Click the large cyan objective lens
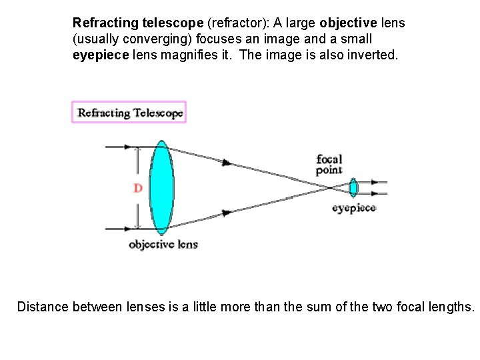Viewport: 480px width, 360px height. (161, 187)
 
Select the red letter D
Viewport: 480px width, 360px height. (138, 189)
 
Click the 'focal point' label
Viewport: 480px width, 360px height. (329, 165)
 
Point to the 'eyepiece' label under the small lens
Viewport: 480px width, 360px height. (354, 208)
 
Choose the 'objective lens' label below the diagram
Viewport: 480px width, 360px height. (163, 245)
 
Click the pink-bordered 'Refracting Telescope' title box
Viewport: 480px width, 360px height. (129, 113)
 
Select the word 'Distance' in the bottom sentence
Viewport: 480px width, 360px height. (43, 307)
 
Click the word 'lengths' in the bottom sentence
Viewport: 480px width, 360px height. (451, 307)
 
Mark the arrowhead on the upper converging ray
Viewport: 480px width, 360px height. (228, 162)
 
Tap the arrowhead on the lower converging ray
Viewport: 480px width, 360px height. (228, 213)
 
